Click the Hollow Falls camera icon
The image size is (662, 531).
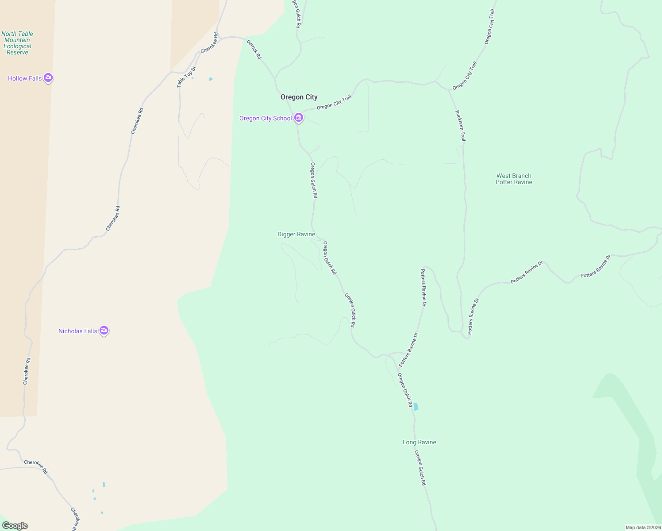(x=48, y=78)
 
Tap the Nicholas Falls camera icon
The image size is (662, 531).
(x=104, y=330)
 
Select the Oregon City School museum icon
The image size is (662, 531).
(x=299, y=118)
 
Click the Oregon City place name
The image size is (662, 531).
(x=299, y=97)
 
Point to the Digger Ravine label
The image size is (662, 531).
(x=296, y=234)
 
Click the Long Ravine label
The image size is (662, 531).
(x=419, y=442)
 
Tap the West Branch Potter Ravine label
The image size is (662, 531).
(x=514, y=179)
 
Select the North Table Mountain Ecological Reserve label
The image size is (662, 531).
(x=17, y=43)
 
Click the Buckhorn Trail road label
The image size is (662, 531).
(x=460, y=126)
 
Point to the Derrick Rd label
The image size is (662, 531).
(x=254, y=50)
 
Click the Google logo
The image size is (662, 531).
(x=15, y=525)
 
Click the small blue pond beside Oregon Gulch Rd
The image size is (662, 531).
(x=416, y=407)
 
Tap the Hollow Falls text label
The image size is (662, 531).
(x=25, y=78)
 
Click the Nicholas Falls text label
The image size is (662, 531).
(x=78, y=331)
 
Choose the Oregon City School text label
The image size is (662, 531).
(x=266, y=118)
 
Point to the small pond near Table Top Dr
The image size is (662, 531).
(x=211, y=79)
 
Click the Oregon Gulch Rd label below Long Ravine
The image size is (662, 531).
(x=420, y=468)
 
